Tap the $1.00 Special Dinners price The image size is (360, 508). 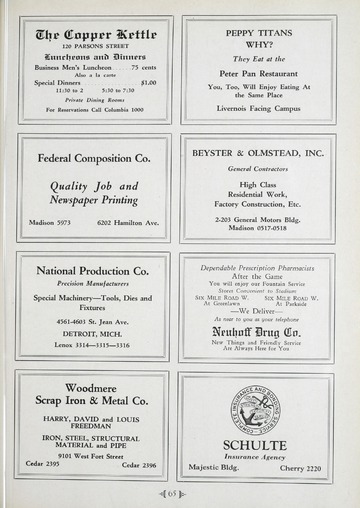(x=148, y=83)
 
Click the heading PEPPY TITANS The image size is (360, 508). (x=258, y=32)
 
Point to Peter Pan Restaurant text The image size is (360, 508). (x=258, y=74)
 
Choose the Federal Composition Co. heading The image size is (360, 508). (x=94, y=158)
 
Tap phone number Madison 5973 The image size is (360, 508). (x=48, y=222)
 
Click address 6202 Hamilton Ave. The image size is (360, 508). (x=128, y=222)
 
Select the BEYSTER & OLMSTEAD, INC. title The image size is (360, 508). (x=258, y=153)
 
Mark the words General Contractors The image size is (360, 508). (x=257, y=168)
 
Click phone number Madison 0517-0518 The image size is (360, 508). (x=257, y=227)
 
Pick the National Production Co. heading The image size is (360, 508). (x=92, y=270)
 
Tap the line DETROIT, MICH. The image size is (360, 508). (x=92, y=333)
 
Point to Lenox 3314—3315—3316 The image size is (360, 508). (x=92, y=345)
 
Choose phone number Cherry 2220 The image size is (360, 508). (x=300, y=468)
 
